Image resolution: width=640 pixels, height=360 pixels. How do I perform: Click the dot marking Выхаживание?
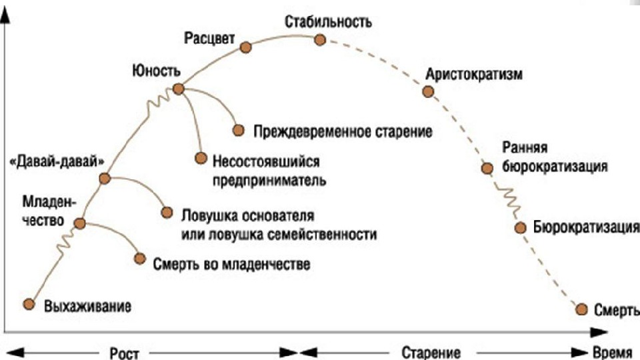pos(28,304)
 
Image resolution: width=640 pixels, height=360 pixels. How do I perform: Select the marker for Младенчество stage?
pos(80,223)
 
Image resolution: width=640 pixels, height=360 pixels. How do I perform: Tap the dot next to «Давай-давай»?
pos(104,178)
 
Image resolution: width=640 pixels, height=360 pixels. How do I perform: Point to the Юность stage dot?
pos(178,89)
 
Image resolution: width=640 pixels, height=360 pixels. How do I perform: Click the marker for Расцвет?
pos(245,47)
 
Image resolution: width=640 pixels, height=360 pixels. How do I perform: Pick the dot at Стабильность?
pos(320,40)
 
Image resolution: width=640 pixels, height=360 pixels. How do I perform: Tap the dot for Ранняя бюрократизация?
pos(487,167)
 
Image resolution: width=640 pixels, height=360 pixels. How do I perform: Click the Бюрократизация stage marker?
pos(521,227)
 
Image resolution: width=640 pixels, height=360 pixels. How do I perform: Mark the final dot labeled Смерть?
pos(581,309)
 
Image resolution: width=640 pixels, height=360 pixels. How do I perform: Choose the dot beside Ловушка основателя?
pos(167,213)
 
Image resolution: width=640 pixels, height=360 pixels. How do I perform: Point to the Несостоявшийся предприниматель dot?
pos(200,158)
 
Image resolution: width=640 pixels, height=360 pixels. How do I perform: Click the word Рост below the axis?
pos(124,351)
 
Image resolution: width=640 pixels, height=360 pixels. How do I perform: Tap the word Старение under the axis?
pos(431,351)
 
